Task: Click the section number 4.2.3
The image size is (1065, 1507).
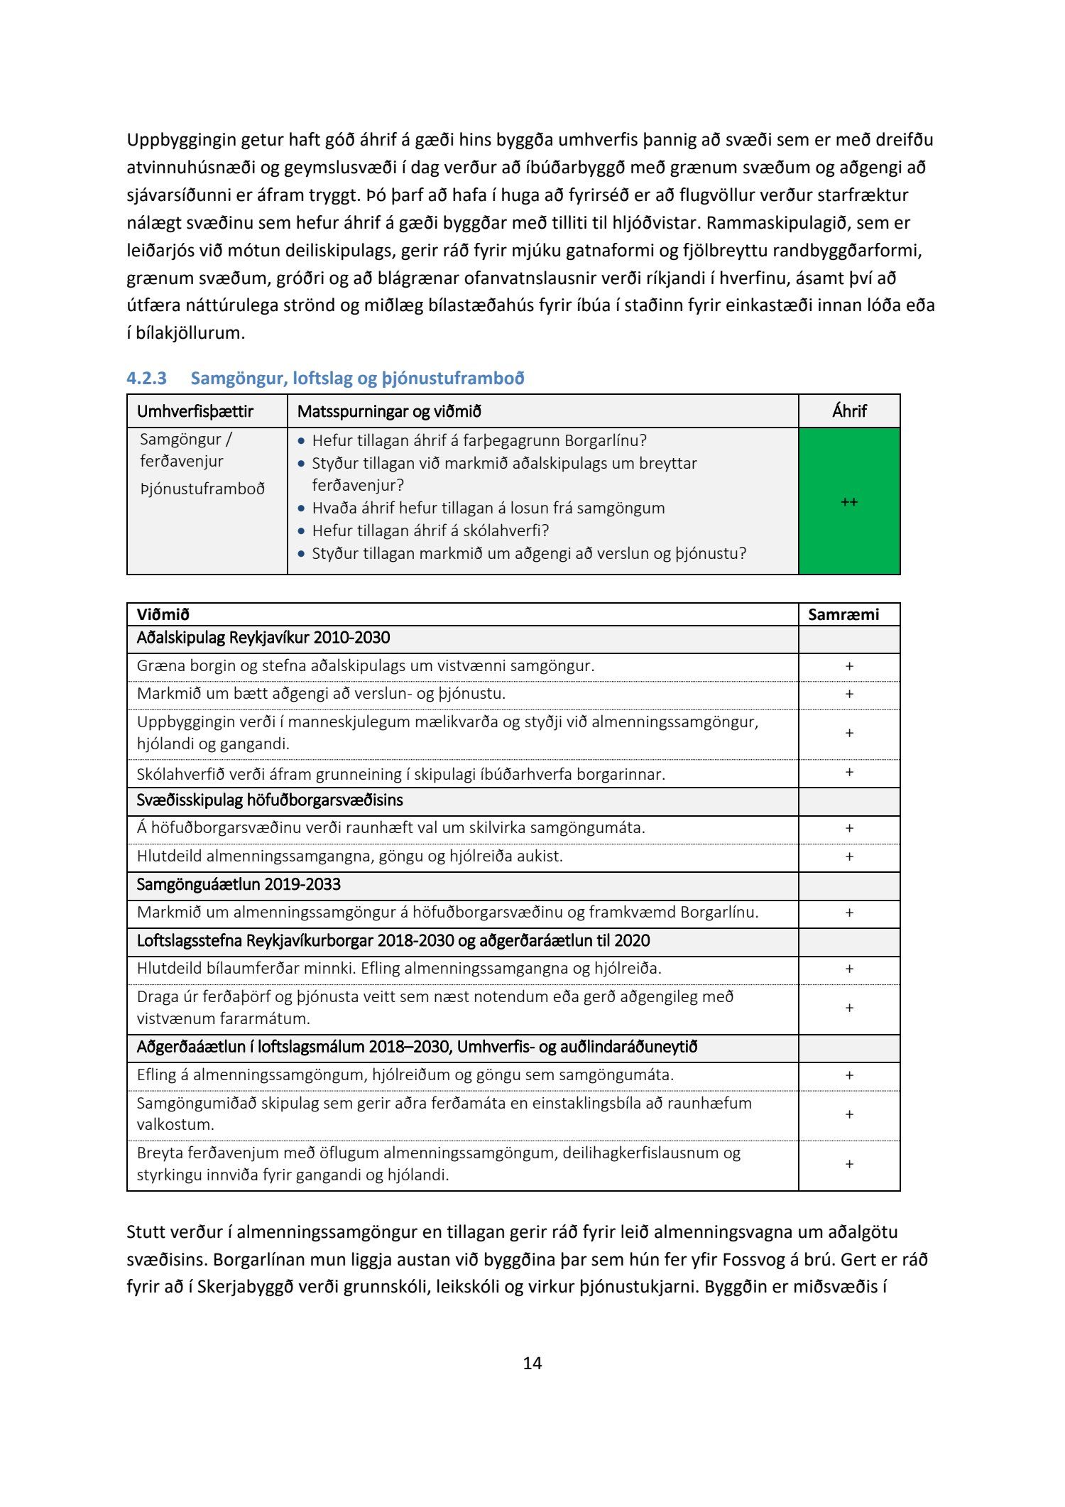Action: tap(146, 379)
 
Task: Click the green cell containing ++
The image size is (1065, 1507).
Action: tap(849, 501)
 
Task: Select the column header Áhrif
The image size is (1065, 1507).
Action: tap(849, 411)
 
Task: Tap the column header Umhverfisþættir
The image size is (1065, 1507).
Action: tap(195, 411)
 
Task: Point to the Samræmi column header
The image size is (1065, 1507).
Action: tap(843, 614)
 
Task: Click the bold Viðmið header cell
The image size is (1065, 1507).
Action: tap(163, 614)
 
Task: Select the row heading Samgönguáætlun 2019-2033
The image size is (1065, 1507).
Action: tap(239, 884)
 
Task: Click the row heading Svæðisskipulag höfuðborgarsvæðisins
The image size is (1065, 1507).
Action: tap(270, 800)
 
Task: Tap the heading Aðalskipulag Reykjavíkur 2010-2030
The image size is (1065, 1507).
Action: tap(263, 638)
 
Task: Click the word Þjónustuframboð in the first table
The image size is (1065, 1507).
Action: tap(202, 489)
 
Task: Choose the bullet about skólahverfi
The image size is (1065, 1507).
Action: tap(430, 531)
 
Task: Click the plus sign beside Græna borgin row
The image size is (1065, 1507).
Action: tap(849, 666)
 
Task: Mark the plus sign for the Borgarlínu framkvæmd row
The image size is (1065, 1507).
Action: tap(849, 913)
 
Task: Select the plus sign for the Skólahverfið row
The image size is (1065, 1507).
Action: tap(849, 773)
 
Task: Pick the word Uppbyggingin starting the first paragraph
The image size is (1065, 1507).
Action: tap(181, 140)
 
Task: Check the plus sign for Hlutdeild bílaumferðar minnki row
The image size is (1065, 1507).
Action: tap(849, 969)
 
